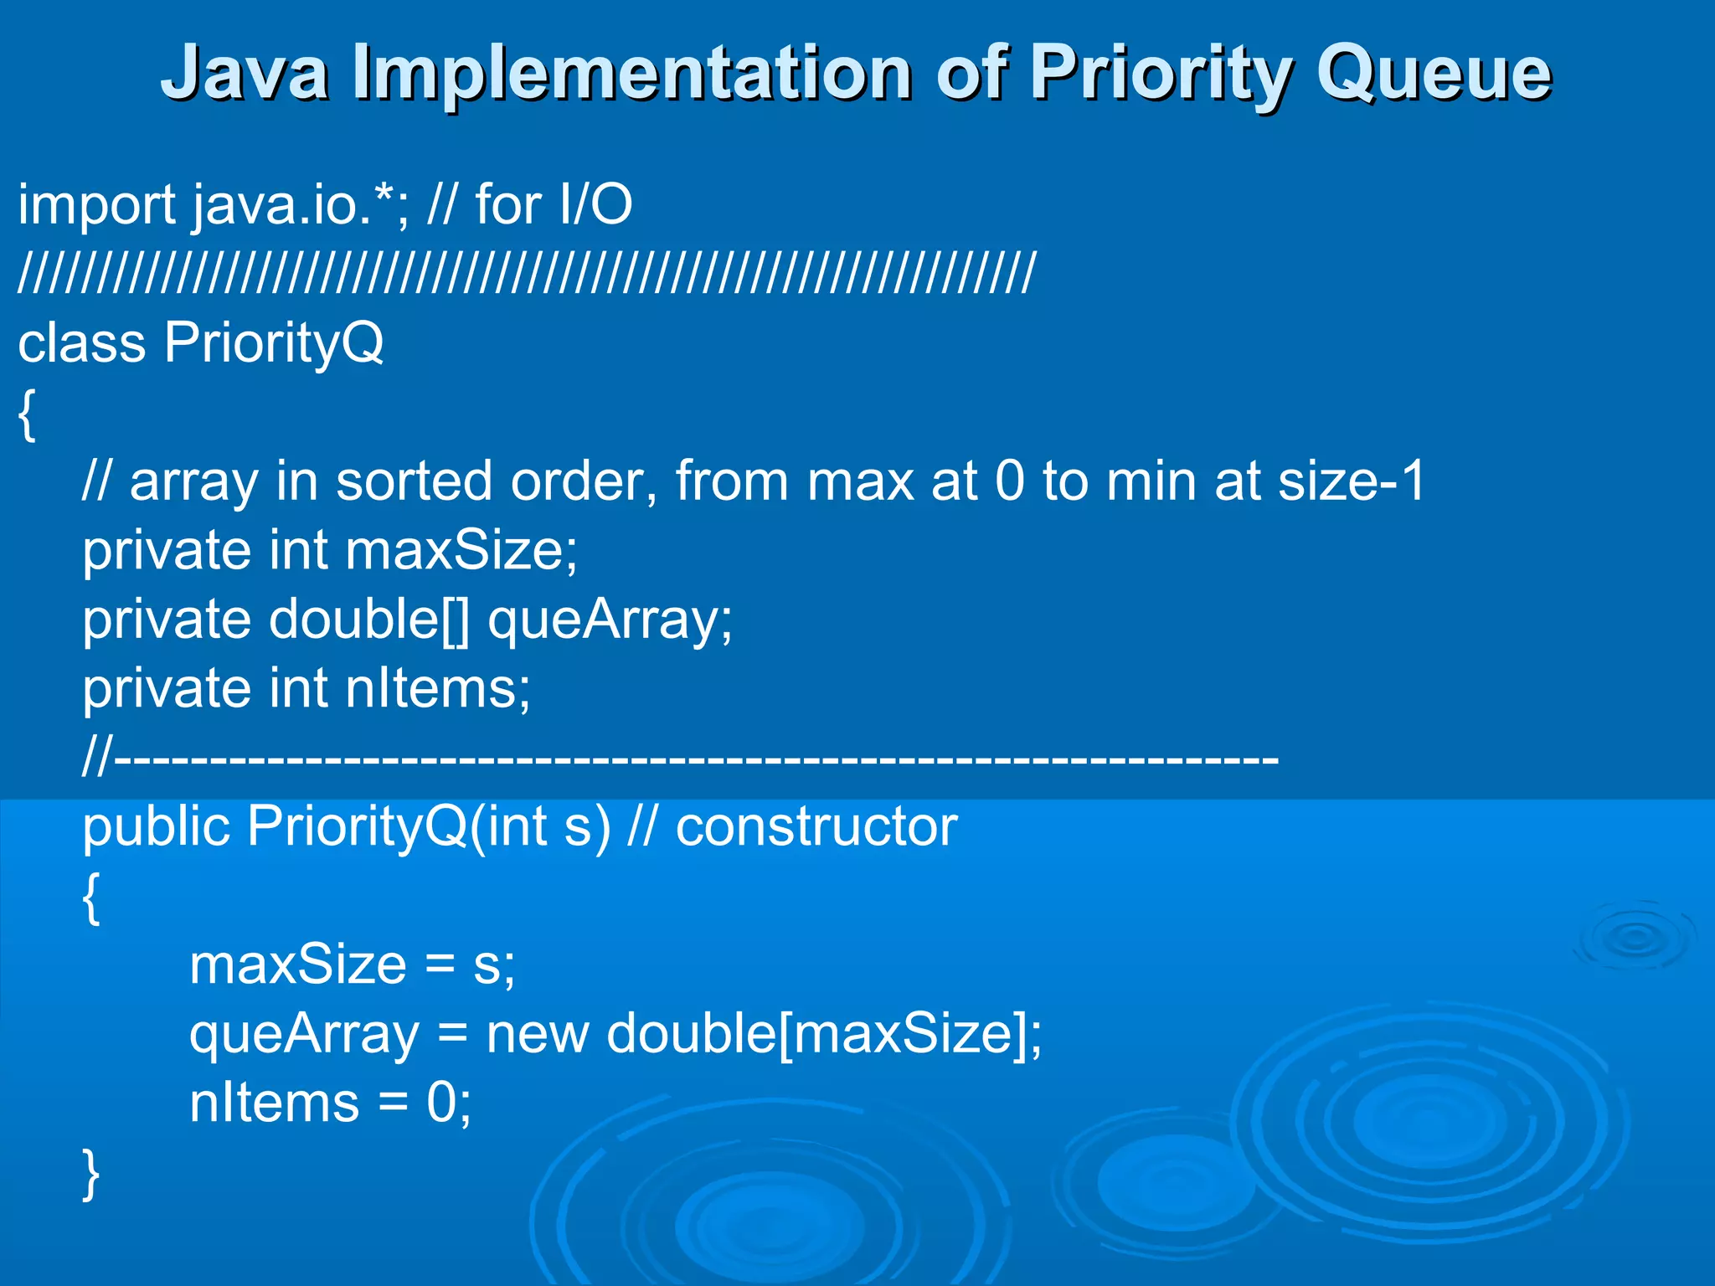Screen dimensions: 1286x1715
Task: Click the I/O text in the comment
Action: point(595,205)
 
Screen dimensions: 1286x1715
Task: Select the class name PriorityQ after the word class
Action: point(274,343)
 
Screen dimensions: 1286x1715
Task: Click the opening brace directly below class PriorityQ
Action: point(27,414)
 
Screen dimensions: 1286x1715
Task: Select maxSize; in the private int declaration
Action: point(461,551)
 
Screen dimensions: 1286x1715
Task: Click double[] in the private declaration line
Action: point(369,620)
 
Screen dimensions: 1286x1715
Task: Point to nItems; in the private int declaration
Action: point(438,689)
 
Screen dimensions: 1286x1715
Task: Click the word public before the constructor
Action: point(156,827)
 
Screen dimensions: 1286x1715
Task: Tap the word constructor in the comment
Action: point(816,827)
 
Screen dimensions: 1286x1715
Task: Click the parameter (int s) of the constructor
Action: point(540,827)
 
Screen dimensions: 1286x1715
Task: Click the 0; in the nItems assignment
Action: point(449,1103)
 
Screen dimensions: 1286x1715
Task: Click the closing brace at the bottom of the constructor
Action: point(91,1174)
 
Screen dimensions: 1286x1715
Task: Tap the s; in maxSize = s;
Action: point(494,965)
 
